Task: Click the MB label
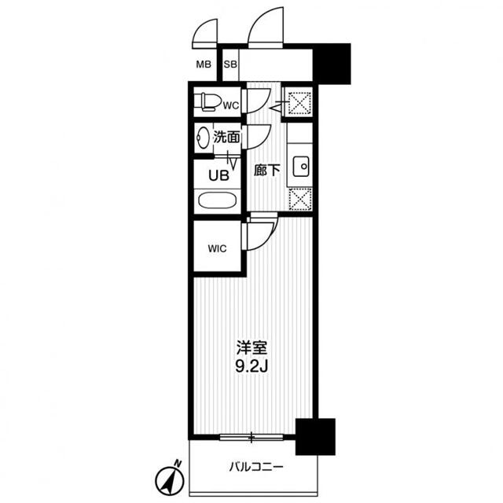(x=203, y=64)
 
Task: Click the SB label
(x=231, y=64)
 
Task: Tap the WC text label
(x=230, y=104)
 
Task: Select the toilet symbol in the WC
(x=209, y=102)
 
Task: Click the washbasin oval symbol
(x=204, y=137)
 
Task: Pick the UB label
(x=219, y=175)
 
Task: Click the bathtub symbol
(x=216, y=200)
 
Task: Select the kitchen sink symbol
(x=300, y=167)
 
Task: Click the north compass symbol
(x=171, y=476)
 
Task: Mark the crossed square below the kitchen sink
(x=299, y=200)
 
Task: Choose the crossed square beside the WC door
(x=299, y=103)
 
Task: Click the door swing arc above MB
(x=204, y=31)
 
